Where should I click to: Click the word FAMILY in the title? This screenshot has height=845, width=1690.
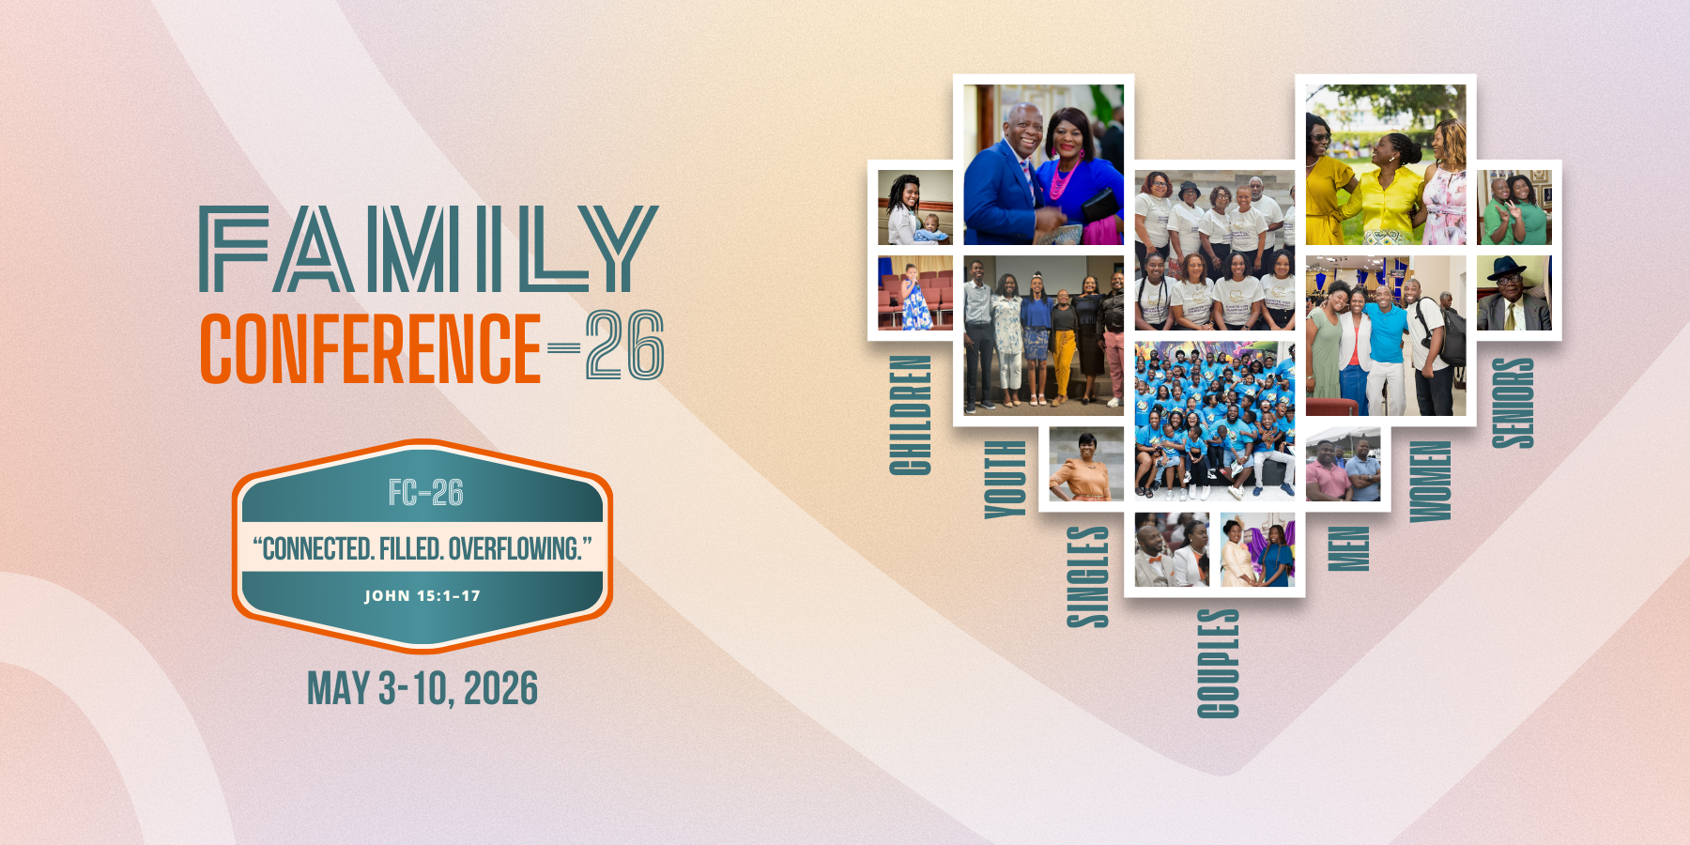pos(428,249)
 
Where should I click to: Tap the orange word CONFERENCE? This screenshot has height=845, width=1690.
pos(371,348)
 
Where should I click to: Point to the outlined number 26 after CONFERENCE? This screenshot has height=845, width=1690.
pos(625,346)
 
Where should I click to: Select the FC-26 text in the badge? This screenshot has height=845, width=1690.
pos(425,493)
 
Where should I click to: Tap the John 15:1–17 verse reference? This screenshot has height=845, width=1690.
pos(422,595)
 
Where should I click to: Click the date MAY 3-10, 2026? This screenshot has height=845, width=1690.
pos(422,688)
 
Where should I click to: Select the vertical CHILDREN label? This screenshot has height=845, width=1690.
pos(910,415)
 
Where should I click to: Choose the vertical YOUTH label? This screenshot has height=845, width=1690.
pos(1005,479)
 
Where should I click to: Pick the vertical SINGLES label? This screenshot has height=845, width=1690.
pos(1088,576)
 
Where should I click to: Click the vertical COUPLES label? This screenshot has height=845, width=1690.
pos(1218,663)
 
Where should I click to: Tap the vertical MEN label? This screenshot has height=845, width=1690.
pos(1348,548)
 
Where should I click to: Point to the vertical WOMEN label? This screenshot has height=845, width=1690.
pos(1430,481)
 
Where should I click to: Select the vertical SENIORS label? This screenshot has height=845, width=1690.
pos(1513,403)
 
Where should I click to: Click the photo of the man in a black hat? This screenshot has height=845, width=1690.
pos(1513,293)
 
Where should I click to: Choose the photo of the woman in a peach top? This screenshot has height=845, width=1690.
pos(1086,464)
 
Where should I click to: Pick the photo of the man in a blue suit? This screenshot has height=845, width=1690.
pos(1043,165)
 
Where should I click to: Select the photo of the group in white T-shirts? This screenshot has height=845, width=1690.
pos(1215,250)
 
